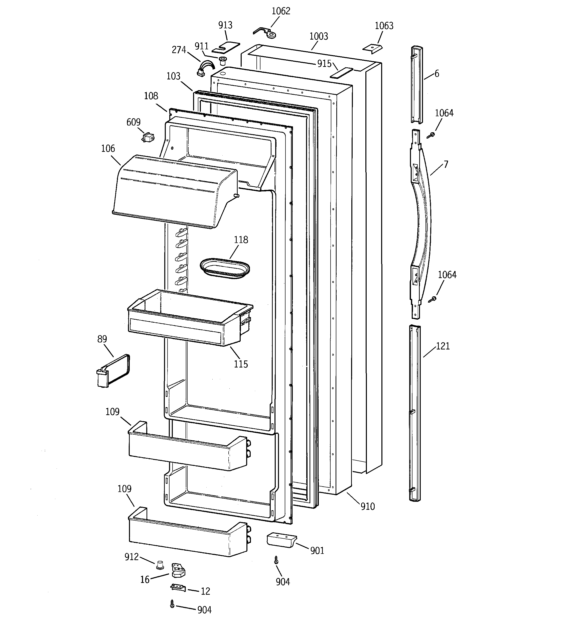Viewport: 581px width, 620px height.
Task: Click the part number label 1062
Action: point(281,11)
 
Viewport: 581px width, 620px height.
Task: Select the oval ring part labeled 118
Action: point(225,268)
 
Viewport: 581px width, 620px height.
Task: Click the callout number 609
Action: point(133,122)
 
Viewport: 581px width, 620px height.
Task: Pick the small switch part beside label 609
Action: point(148,138)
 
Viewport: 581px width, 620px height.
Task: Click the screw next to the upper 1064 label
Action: point(431,135)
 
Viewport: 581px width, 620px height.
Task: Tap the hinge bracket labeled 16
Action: point(178,570)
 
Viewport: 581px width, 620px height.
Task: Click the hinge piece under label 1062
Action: point(265,32)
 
